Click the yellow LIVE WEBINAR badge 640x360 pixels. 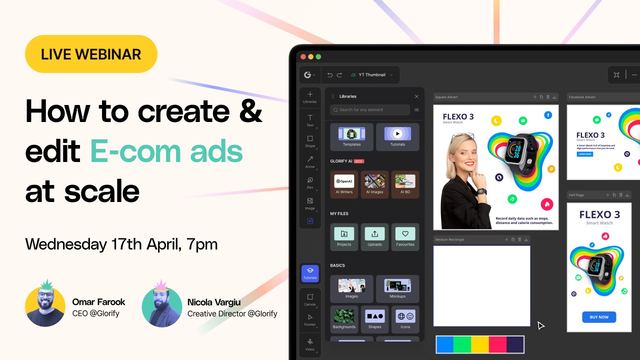[91, 54]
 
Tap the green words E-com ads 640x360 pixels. [166, 152]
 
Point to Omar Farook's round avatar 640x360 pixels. [45, 306]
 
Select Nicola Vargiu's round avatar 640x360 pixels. [161, 306]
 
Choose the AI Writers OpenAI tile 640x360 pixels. [344, 184]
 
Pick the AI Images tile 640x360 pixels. [374, 184]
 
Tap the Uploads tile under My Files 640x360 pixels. [374, 236]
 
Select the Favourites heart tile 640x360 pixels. [405, 236]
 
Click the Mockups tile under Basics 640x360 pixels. [397, 288]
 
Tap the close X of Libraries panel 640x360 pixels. [416, 96]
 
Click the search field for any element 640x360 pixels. [370, 110]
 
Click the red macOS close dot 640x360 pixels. [303, 57]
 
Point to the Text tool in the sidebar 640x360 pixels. [310, 120]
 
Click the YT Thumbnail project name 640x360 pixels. [372, 75]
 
